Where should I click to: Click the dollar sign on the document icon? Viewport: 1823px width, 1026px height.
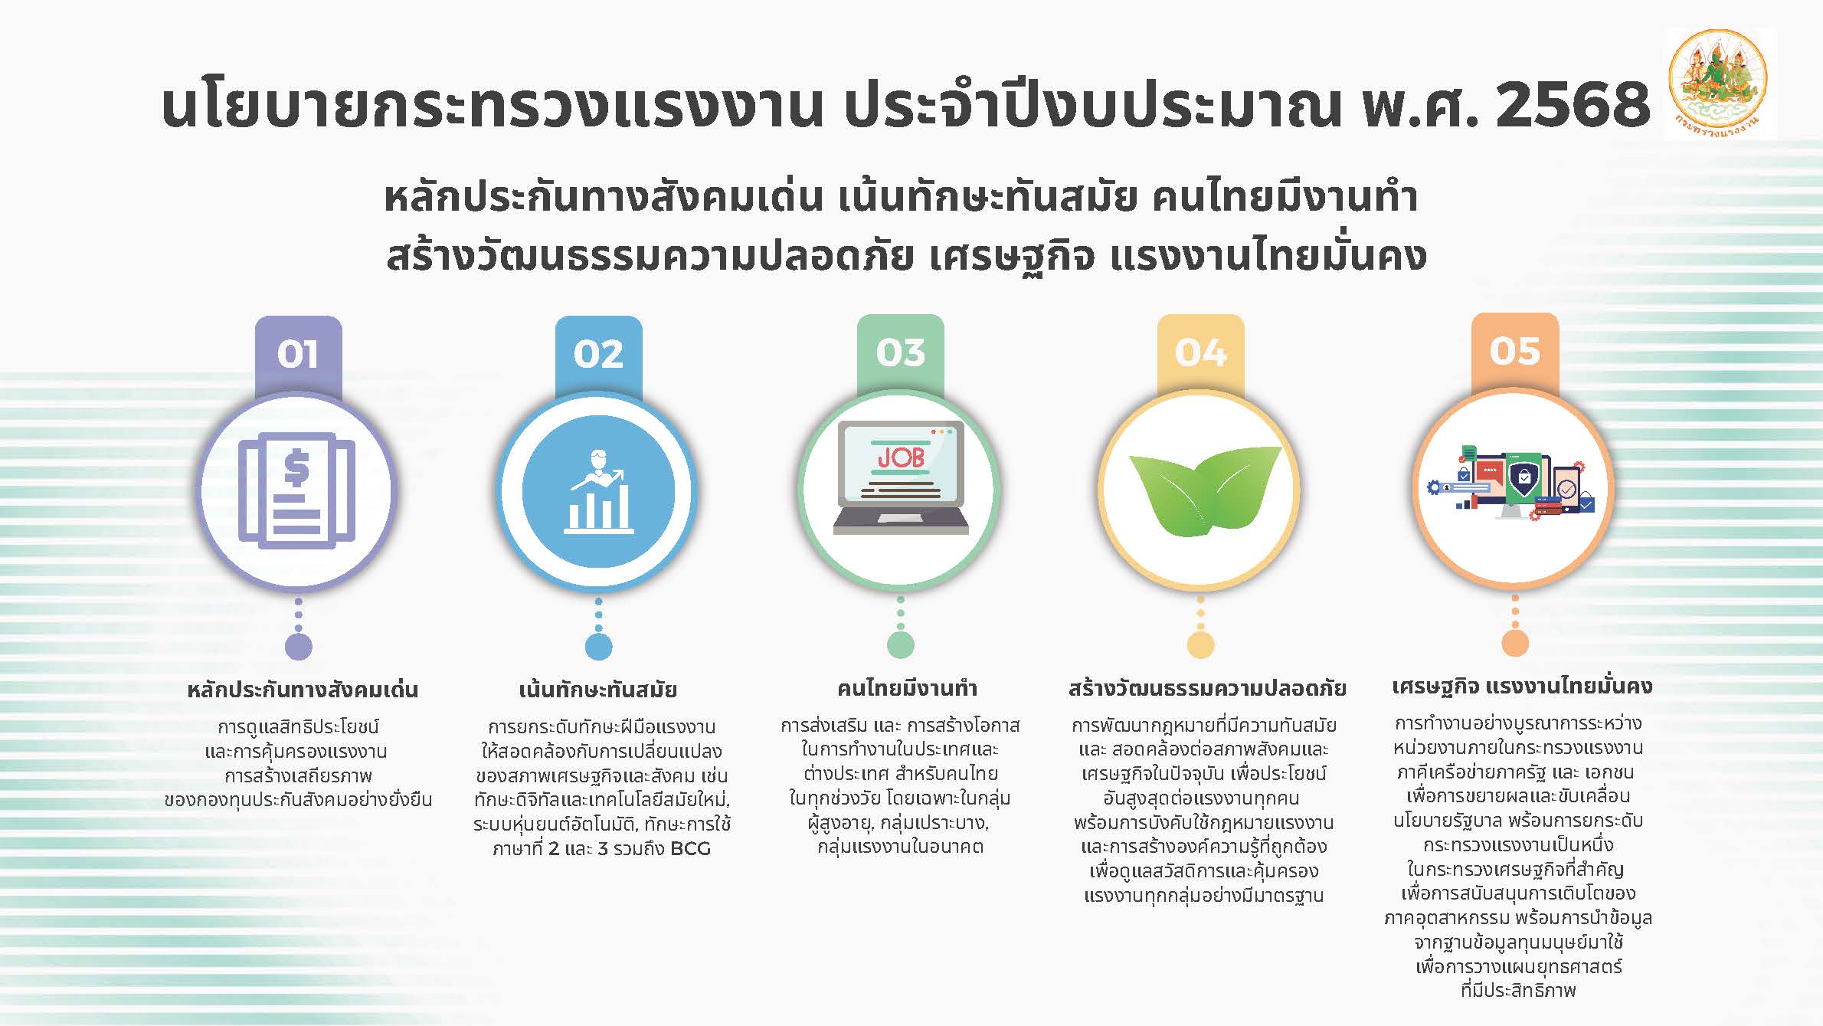(296, 469)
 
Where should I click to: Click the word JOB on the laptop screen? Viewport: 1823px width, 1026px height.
(901, 457)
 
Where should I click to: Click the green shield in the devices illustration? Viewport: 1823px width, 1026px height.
(1524, 478)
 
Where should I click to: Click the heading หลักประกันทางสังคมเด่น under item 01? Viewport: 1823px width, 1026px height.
(303, 689)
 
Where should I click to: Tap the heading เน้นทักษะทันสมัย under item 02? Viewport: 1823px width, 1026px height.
(598, 689)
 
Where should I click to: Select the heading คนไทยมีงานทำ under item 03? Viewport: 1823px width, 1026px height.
(907, 687)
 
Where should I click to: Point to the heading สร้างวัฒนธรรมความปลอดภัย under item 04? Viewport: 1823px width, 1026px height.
(1207, 687)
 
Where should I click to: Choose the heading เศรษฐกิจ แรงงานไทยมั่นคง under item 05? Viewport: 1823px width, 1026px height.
(1522, 687)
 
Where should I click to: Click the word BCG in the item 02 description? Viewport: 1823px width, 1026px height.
(690, 849)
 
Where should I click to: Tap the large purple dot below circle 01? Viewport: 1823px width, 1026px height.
(299, 646)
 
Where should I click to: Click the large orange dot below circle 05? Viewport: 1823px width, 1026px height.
(1515, 643)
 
